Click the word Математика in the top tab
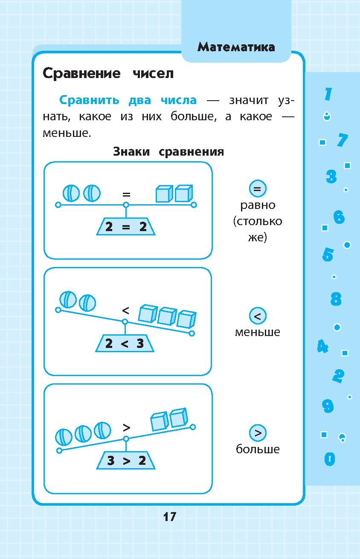tap(236, 47)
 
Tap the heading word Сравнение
tap(81, 73)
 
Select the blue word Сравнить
tap(90, 100)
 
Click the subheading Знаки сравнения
tap(168, 152)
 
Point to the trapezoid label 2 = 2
tap(126, 227)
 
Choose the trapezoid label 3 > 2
tap(126, 461)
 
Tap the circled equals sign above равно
tap(257, 188)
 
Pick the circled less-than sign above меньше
tap(257, 316)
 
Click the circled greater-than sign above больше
tap(257, 433)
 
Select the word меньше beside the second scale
tap(257, 332)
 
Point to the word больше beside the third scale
tap(258, 449)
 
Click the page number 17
tap(169, 517)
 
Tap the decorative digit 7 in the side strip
tap(342, 140)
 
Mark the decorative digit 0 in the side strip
tap(329, 459)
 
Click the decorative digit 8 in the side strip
tap(336, 299)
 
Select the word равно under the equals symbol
tap(258, 205)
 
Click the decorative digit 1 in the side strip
tap(328, 94)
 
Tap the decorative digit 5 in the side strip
tap(328, 255)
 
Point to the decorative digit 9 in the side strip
tap(328, 406)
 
